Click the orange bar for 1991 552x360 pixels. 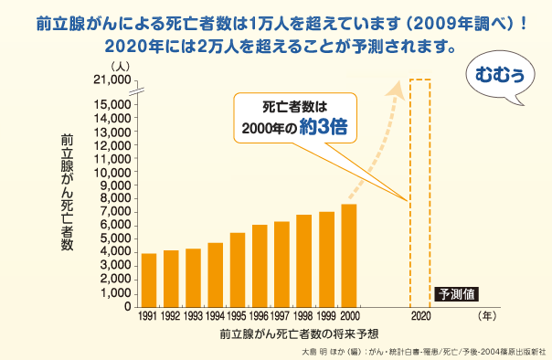click(149, 280)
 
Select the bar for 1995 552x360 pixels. click(238, 270)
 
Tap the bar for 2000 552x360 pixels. click(348, 255)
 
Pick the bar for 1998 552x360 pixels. click(304, 260)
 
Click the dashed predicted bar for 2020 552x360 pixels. click(419, 192)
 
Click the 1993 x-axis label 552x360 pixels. click(193, 316)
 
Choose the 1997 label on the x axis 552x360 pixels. click(281, 316)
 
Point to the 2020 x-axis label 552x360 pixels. click(419, 316)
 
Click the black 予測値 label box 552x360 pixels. click(456, 294)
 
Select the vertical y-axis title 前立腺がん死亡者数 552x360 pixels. click(67, 191)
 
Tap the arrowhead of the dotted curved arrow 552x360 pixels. click(398, 86)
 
